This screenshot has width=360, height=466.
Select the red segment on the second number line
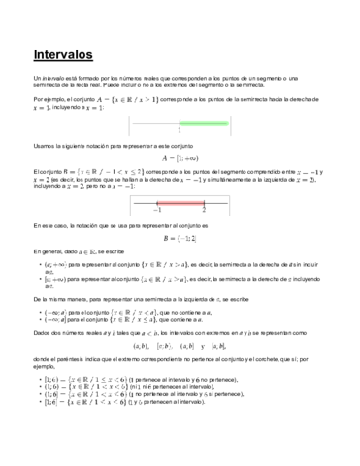pyautogui.click(x=180, y=203)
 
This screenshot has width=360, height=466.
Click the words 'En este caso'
pyautogui.click(x=47, y=224)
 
